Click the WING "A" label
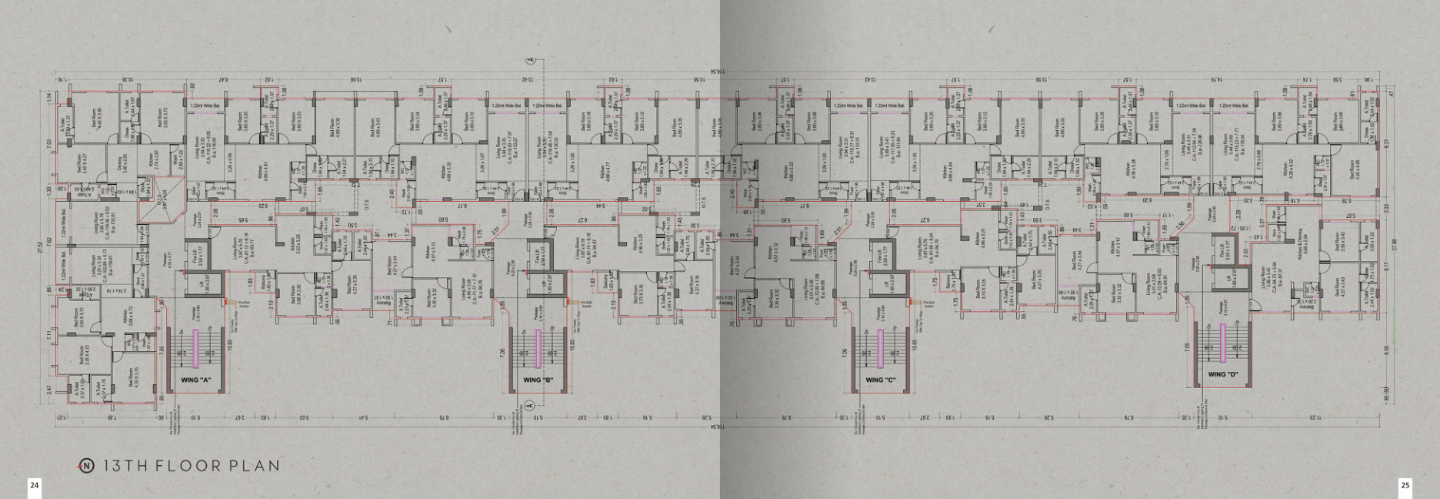(x=195, y=380)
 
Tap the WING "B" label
(x=538, y=380)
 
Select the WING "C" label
(x=880, y=380)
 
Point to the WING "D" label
(x=1222, y=375)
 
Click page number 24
(x=34, y=485)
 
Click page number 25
(x=1405, y=485)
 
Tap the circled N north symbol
(x=87, y=465)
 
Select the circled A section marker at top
(x=530, y=59)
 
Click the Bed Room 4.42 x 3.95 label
(x=100, y=117)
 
